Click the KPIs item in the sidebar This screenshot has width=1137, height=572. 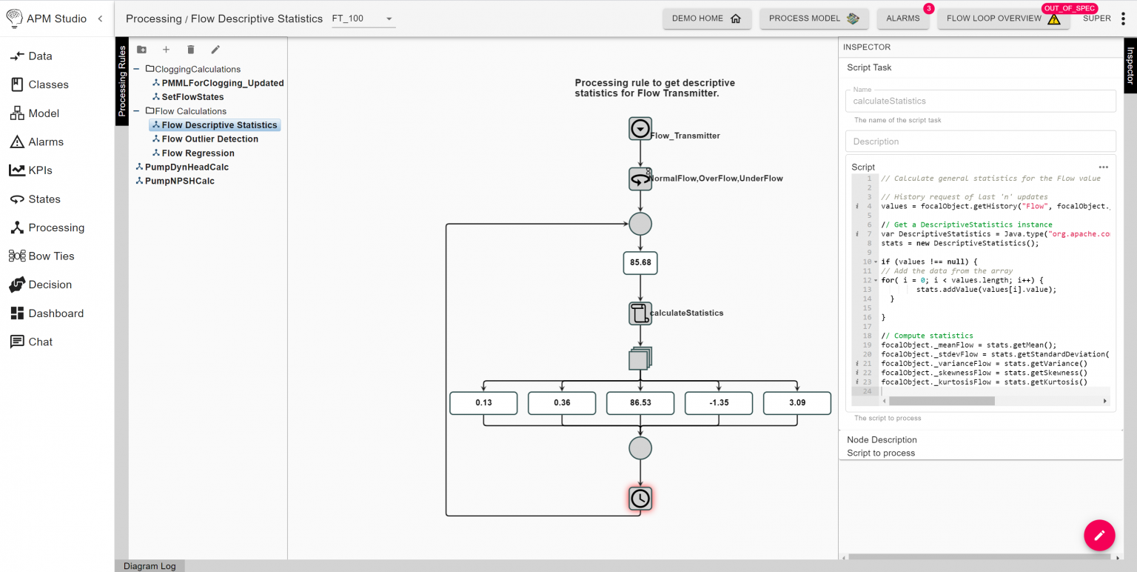coord(40,170)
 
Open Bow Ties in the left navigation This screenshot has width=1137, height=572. coord(51,256)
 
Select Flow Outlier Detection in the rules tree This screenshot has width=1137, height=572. coord(209,139)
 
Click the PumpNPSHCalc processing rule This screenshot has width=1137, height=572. coord(179,181)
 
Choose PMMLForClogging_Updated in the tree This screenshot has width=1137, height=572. coord(222,83)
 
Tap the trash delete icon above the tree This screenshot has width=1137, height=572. coord(190,50)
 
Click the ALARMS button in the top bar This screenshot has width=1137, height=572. coord(902,19)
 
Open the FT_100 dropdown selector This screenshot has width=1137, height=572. coord(363,19)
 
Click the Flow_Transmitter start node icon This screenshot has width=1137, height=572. coord(640,129)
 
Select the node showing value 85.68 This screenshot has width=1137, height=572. coord(640,263)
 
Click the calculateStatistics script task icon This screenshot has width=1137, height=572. coord(640,313)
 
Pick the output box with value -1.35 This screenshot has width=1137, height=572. coord(718,403)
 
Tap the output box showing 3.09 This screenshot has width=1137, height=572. coord(796,403)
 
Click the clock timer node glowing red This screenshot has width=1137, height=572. coord(640,499)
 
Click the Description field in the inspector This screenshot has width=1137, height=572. coord(980,142)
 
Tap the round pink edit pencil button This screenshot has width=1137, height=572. coord(1099,535)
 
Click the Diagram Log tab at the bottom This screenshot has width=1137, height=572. coord(150,566)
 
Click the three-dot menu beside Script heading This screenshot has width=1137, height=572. coord(1103,167)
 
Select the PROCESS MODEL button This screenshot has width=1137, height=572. coord(814,19)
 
